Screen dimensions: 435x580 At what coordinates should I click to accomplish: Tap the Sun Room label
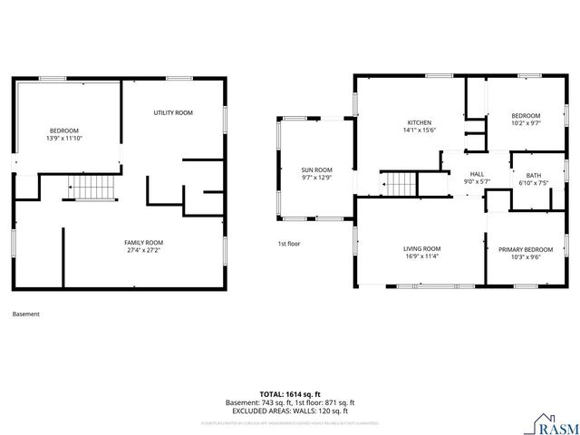click(316, 169)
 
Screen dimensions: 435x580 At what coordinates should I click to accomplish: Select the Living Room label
click(421, 248)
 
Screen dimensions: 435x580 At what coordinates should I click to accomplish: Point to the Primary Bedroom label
click(526, 249)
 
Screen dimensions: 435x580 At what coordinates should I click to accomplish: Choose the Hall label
click(477, 174)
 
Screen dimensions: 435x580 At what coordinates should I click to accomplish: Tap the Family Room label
click(143, 242)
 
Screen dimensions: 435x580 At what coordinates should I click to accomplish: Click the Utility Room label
click(173, 112)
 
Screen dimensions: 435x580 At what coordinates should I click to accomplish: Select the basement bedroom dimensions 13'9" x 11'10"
click(63, 139)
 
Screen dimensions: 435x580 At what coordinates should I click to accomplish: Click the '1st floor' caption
click(288, 244)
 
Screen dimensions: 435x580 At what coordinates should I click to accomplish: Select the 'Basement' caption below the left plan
click(26, 314)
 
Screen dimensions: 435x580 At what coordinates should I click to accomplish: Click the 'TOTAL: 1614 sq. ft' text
click(289, 394)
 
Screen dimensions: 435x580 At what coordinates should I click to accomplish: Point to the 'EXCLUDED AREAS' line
click(289, 410)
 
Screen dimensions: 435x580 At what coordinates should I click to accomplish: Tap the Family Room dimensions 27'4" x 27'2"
click(143, 249)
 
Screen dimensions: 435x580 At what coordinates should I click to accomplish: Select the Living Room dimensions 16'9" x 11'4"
click(421, 256)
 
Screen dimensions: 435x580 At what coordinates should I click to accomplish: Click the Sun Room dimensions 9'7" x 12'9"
click(316, 177)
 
